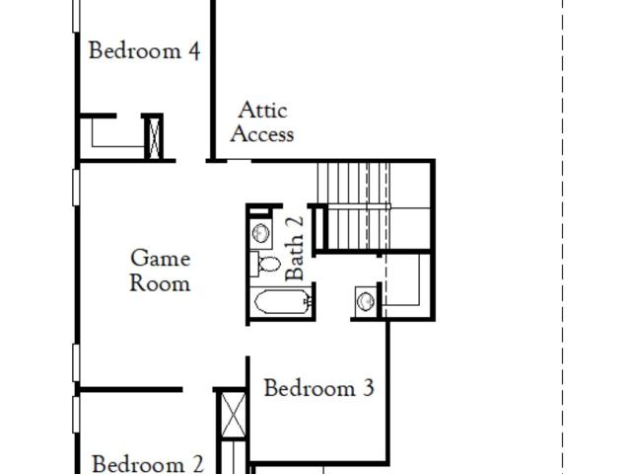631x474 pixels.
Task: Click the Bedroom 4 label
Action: coord(144,50)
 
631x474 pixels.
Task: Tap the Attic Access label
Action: coord(262,122)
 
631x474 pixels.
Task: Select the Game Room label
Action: coord(160,271)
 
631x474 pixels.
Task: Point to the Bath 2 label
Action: coord(294,248)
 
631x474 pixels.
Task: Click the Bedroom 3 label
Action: coord(319,388)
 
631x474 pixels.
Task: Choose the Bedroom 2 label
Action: coord(148,463)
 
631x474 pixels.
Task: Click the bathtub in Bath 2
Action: coord(282,301)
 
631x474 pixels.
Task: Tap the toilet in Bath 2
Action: coord(265,264)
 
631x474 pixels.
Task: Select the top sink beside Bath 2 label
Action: coord(260,233)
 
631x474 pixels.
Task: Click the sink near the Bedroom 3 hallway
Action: coord(366,300)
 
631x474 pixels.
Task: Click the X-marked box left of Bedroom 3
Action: coord(234,415)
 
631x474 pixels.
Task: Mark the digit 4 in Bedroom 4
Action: coord(194,51)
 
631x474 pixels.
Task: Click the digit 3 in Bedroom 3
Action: coord(369,388)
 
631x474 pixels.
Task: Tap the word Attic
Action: coord(262,110)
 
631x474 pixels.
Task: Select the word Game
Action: coord(160,258)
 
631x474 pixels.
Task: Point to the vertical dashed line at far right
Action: coord(562,237)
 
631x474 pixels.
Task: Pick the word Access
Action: coord(262,134)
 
